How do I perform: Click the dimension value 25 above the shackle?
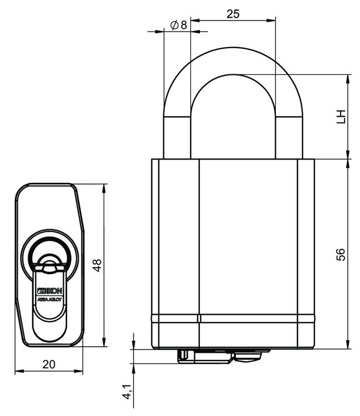pos(233,14)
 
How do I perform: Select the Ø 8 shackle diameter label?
pos(177,25)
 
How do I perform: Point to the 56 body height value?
pos(341,254)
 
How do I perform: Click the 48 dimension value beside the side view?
pos(97,265)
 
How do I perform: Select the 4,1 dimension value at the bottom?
pos(127,392)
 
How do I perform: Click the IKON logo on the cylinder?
pos(50,290)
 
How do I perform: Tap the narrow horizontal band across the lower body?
pos(233,319)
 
